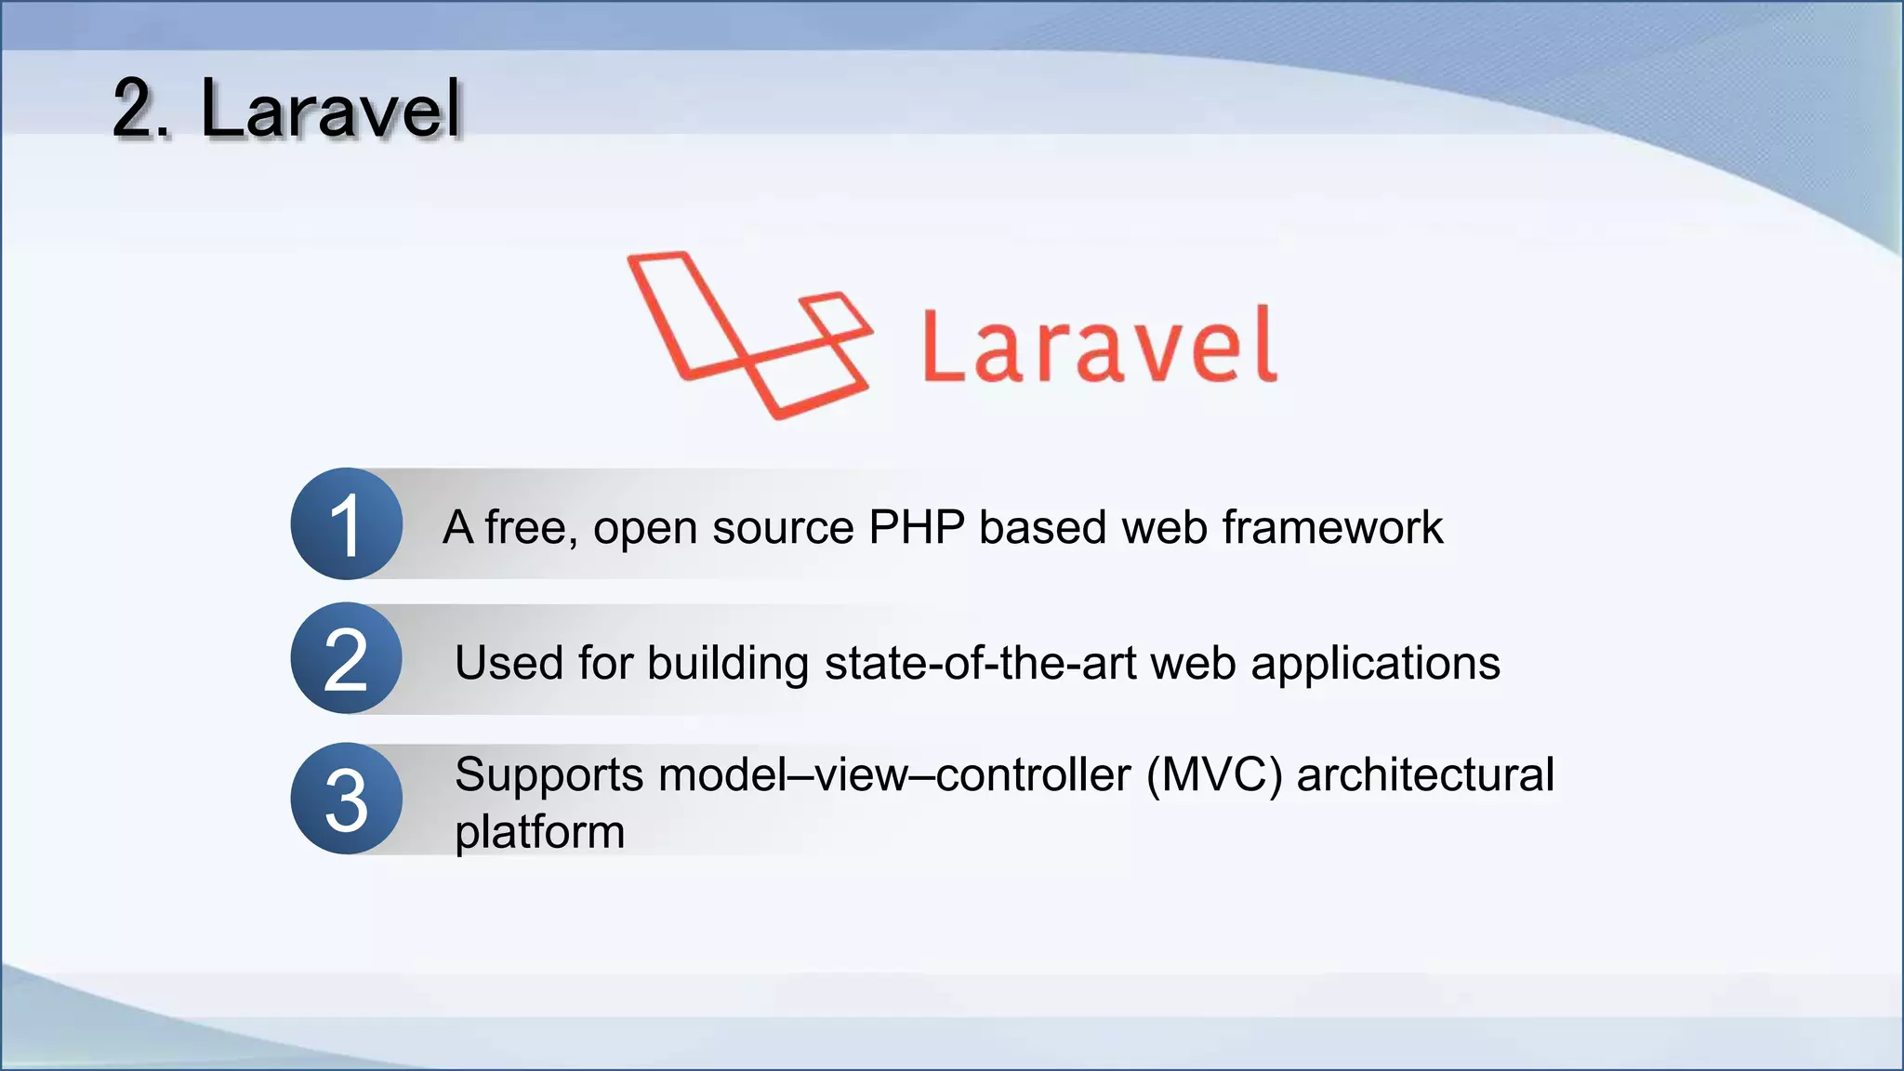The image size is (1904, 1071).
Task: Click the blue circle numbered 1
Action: point(346,523)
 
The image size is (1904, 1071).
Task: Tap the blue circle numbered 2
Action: point(346,658)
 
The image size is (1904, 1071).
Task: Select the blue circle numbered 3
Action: point(346,799)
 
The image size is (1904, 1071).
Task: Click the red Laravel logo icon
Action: point(749,335)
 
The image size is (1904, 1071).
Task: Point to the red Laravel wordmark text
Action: point(1100,346)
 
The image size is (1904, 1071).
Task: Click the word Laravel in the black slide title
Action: point(330,110)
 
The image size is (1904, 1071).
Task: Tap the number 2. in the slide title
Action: point(141,110)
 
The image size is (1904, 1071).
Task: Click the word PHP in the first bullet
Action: point(917,527)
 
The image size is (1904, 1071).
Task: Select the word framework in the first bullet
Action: point(1332,527)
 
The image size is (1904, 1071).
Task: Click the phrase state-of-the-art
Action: point(980,663)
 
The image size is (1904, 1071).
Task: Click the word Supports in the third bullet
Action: point(549,775)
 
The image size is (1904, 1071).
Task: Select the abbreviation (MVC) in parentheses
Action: point(1214,775)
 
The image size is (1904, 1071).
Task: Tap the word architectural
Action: point(1425,773)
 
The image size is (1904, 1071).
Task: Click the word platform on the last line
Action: point(539,832)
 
